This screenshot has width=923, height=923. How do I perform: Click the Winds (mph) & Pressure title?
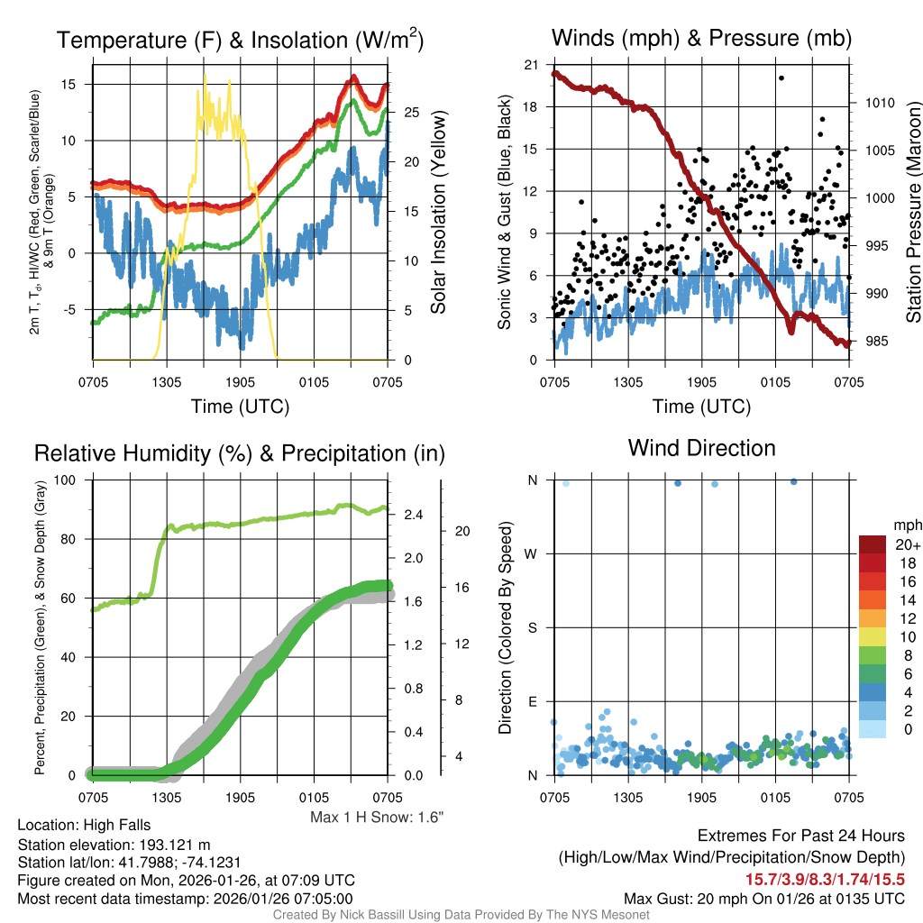[701, 38]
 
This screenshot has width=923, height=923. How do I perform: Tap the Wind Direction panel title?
[701, 448]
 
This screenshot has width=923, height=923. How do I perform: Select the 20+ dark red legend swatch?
[873, 545]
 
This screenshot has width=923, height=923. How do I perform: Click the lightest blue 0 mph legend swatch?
[873, 729]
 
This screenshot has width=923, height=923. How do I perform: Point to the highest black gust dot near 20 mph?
[781, 78]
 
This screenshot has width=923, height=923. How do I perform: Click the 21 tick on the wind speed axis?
[532, 65]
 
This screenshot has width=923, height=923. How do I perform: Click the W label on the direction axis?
[532, 553]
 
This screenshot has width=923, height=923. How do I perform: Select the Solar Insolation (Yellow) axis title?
[439, 213]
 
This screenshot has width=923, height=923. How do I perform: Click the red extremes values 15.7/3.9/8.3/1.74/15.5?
[825, 879]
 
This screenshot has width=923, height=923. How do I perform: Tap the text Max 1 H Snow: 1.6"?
[377, 817]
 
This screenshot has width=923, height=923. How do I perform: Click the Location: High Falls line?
[84, 825]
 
